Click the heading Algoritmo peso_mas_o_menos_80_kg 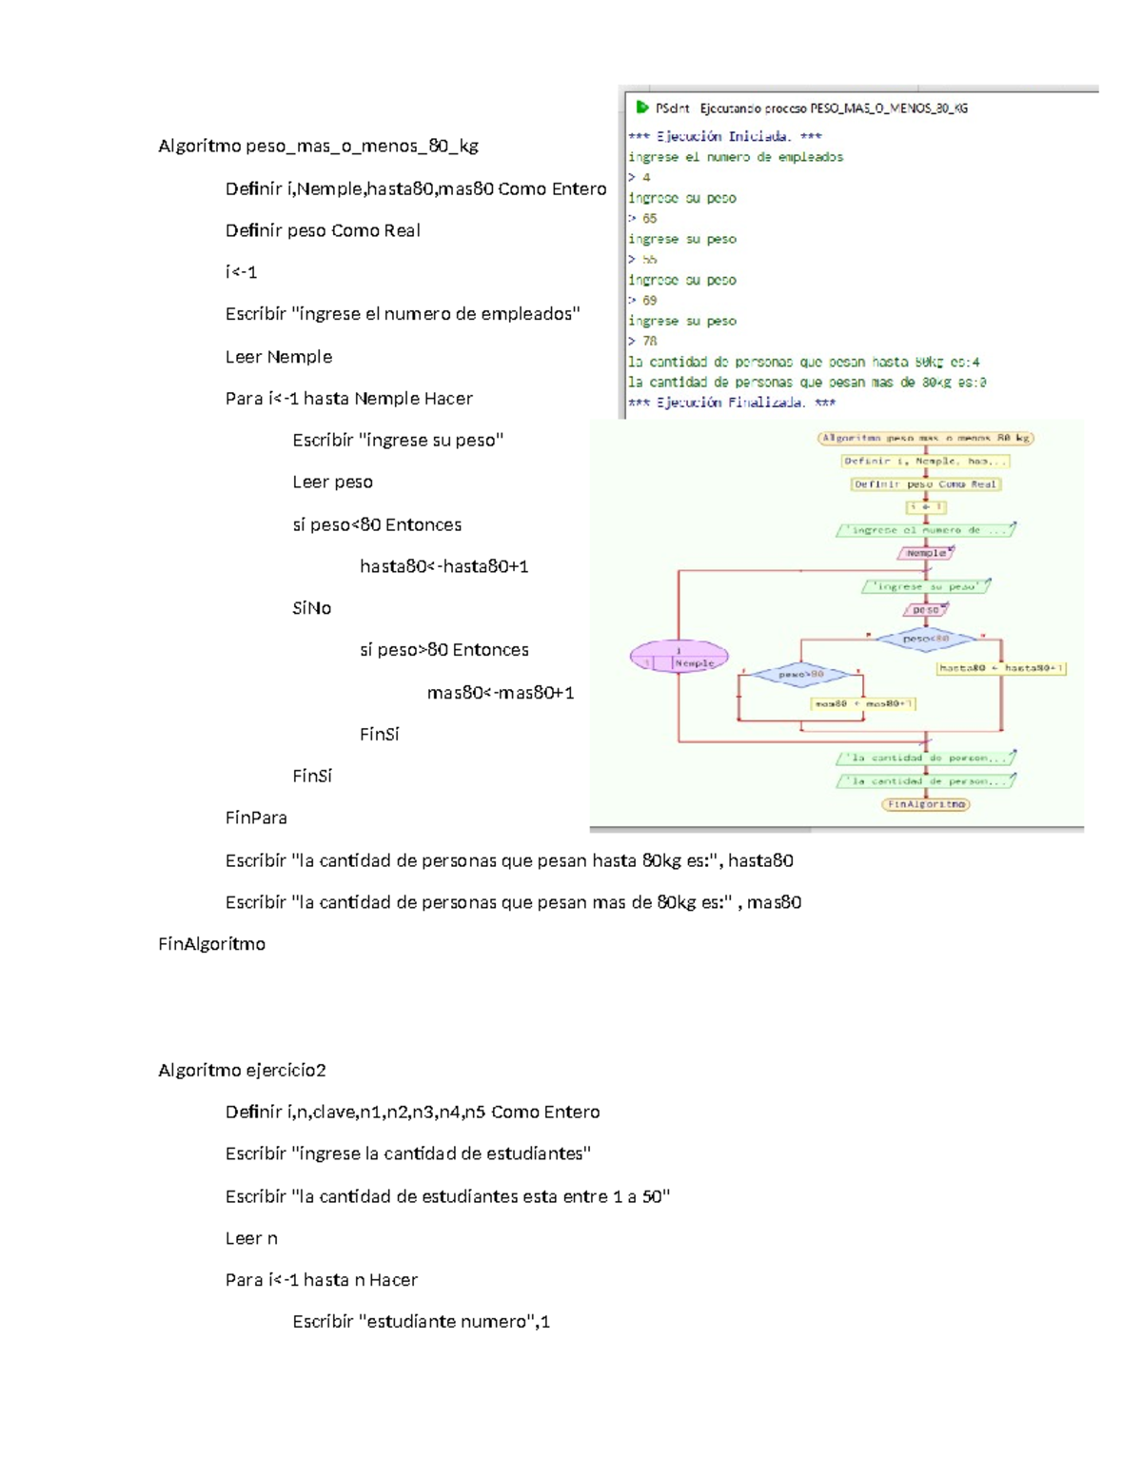pos(318,147)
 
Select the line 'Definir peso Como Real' pos(323,230)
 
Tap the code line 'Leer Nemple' pos(279,357)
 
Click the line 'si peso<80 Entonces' pos(377,524)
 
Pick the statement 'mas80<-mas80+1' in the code pos(501,693)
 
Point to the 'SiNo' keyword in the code pos(312,608)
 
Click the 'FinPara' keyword pos(256,818)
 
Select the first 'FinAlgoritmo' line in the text pos(211,944)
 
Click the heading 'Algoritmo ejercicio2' pos(242,1070)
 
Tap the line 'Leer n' pos(251,1238)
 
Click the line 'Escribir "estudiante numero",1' pos(421,1322)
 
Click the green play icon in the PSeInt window pos(642,108)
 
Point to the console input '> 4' pos(640,177)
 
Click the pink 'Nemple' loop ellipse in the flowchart pos(679,657)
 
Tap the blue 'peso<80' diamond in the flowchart pos(926,639)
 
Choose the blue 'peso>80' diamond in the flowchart pos(801,675)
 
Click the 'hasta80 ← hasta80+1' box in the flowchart pos(1001,668)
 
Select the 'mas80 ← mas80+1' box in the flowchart pos(862,704)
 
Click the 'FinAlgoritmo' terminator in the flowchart pos(926,804)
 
